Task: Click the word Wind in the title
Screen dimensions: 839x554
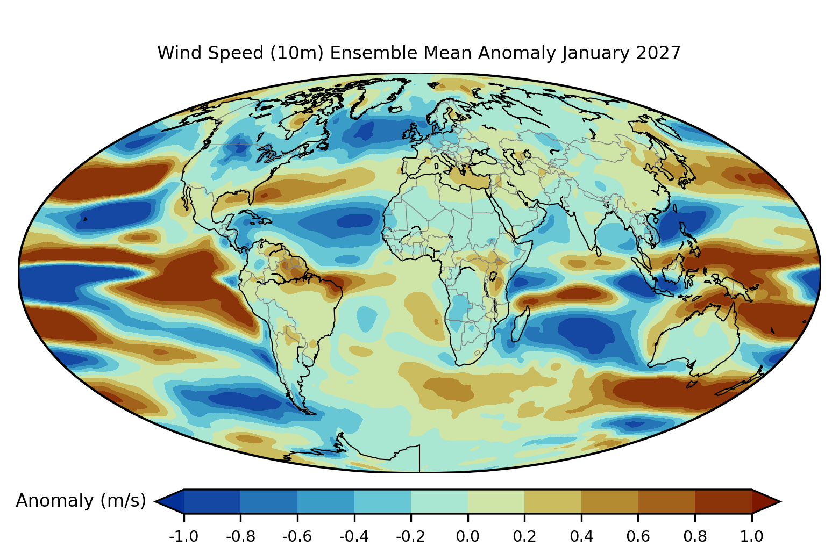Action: pyautogui.click(x=180, y=53)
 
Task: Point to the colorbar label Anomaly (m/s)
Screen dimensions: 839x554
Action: pyautogui.click(x=81, y=500)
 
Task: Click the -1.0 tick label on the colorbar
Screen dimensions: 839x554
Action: pyautogui.click(x=183, y=536)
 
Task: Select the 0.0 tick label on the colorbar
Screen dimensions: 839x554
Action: pyautogui.click(x=467, y=536)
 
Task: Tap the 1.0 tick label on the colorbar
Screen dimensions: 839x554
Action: pyautogui.click(x=752, y=536)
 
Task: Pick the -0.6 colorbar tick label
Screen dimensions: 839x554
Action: pyautogui.click(x=297, y=536)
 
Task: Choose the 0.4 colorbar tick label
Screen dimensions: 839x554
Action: pyautogui.click(x=581, y=536)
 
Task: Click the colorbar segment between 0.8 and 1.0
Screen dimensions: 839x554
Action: pyautogui.click(x=723, y=501)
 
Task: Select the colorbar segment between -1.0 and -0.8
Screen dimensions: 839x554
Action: pyautogui.click(x=212, y=501)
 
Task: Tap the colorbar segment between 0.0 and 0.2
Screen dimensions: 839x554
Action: pyautogui.click(x=496, y=501)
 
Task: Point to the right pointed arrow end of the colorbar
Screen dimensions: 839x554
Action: pyautogui.click(x=766, y=501)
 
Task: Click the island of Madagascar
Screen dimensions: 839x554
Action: pyautogui.click(x=520, y=324)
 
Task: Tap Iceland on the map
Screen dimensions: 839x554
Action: pyautogui.click(x=395, y=110)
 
